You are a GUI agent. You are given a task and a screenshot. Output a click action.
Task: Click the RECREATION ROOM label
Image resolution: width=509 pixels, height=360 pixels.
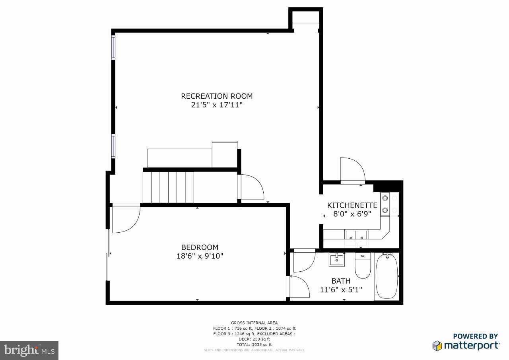click(217, 96)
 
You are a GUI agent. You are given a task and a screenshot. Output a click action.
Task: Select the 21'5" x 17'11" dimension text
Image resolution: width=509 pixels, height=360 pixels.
click(217, 105)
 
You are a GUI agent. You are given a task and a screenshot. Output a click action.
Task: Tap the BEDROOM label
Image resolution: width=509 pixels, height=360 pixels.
click(200, 247)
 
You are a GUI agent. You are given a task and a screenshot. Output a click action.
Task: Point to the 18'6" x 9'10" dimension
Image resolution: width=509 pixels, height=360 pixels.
click(200, 256)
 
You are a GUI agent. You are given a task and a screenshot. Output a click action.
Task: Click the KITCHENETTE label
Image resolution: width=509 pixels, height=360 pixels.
click(352, 205)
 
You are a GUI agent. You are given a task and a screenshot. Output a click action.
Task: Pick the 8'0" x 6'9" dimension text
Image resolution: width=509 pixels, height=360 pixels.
click(352, 214)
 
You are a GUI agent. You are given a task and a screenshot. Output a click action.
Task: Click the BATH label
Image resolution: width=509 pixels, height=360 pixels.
click(341, 281)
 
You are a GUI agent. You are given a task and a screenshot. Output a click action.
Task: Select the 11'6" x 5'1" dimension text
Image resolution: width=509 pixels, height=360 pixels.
click(341, 290)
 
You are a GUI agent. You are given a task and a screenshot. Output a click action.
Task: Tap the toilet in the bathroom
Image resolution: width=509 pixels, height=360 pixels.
click(363, 266)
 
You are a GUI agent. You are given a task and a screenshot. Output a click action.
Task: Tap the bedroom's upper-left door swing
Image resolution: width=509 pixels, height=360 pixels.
click(125, 218)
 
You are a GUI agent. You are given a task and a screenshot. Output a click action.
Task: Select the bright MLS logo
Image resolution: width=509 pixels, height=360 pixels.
click(29, 350)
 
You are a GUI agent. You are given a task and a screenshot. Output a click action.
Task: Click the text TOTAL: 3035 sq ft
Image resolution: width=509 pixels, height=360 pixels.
click(254, 344)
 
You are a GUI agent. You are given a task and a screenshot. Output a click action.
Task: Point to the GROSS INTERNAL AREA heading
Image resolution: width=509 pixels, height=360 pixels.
click(254, 323)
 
